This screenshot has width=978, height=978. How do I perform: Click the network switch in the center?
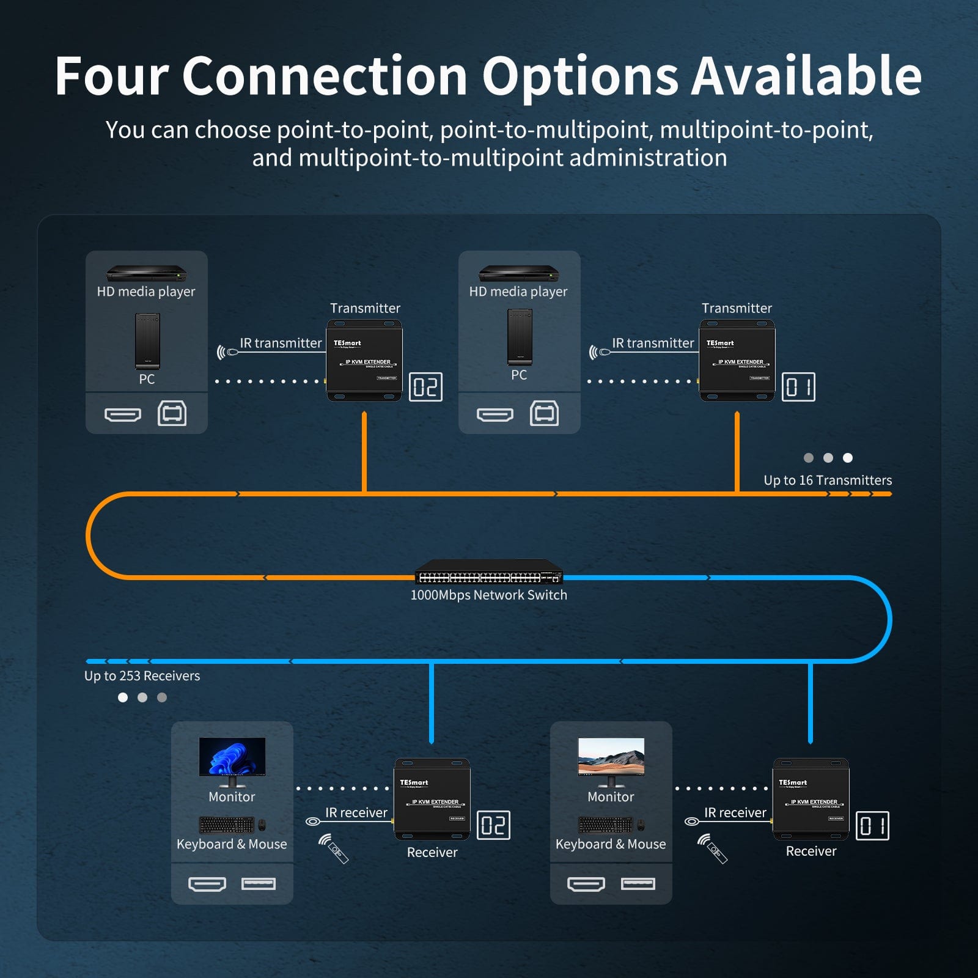pos(488,573)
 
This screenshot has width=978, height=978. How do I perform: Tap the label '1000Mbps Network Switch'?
pos(488,595)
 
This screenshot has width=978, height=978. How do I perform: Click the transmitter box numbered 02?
pos(364,360)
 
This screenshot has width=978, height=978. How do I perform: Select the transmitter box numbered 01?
pos(737,360)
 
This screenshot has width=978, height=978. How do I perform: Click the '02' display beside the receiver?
pos(493,825)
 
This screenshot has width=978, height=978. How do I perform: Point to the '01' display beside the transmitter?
pos(798,386)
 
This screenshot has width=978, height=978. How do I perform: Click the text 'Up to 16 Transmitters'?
pos(828,480)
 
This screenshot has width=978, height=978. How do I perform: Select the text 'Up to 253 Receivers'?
pos(142,676)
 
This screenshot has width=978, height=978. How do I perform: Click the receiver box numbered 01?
pos(811,799)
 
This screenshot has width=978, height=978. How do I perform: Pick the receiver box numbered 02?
pos(432,799)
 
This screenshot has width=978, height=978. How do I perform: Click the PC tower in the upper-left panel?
pos(147,341)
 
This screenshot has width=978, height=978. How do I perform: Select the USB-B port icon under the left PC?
pos(172,414)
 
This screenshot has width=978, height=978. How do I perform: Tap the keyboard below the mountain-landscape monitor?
pos(605,825)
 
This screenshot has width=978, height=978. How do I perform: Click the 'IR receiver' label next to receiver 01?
pos(735,812)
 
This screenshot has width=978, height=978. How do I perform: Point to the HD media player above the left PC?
pos(147,273)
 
